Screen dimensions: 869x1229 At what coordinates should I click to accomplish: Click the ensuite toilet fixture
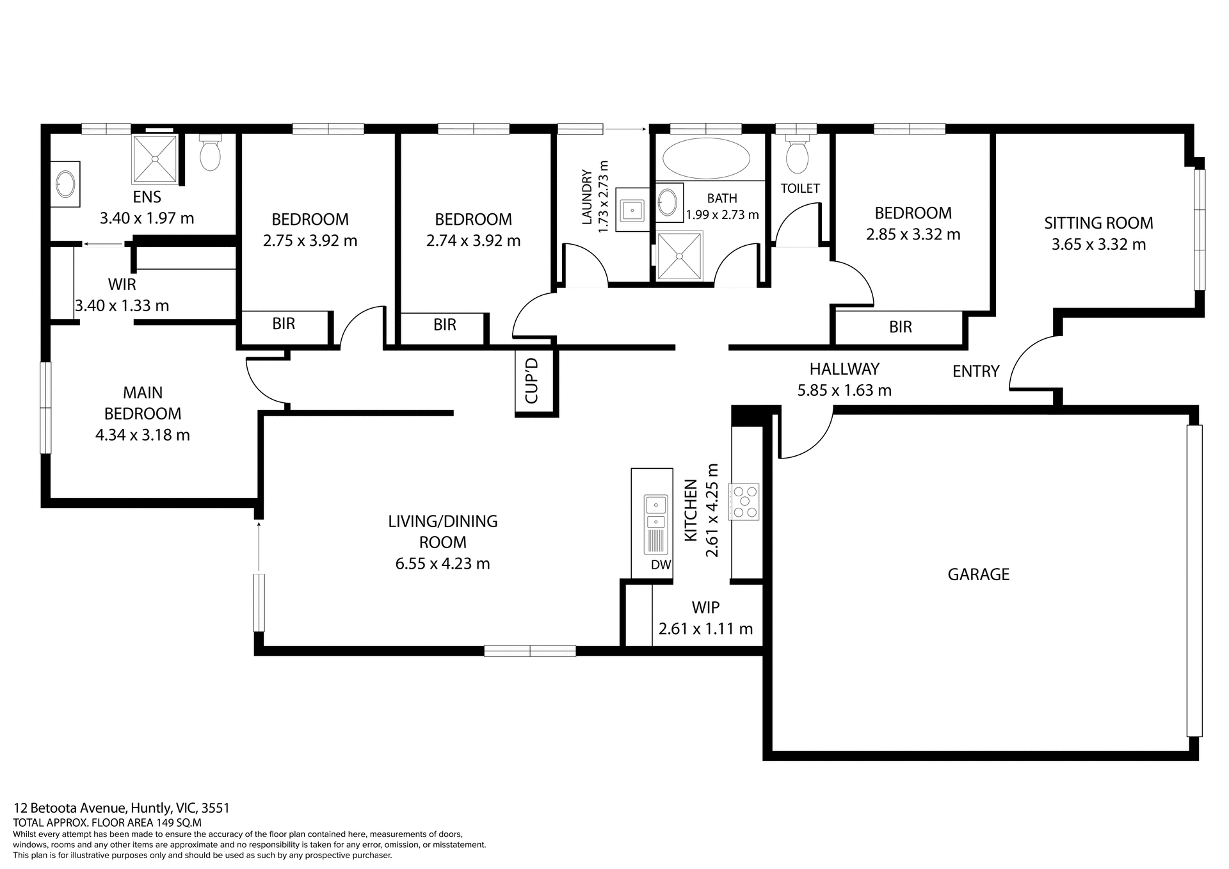pyautogui.click(x=210, y=154)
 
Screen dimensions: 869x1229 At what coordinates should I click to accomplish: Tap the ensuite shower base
pyautogui.click(x=154, y=158)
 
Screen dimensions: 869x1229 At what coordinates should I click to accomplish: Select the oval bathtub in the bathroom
pyautogui.click(x=706, y=159)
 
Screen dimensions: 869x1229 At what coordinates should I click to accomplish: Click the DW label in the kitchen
pyautogui.click(x=661, y=565)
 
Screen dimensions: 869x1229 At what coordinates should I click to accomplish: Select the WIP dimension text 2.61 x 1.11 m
pyautogui.click(x=705, y=629)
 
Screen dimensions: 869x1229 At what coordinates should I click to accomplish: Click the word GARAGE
pyautogui.click(x=978, y=574)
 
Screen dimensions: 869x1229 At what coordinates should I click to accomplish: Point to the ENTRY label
pyautogui.click(x=976, y=371)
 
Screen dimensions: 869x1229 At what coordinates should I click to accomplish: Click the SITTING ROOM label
pyautogui.click(x=1098, y=223)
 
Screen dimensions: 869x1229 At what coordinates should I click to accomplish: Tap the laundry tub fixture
pyautogui.click(x=632, y=209)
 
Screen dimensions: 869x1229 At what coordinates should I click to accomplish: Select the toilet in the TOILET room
pyautogui.click(x=797, y=156)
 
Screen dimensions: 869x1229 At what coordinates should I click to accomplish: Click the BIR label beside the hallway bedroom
pyautogui.click(x=900, y=327)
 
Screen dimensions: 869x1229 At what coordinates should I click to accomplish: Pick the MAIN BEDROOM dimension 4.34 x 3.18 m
pyautogui.click(x=142, y=435)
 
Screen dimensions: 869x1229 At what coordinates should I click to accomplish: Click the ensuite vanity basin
pyautogui.click(x=66, y=184)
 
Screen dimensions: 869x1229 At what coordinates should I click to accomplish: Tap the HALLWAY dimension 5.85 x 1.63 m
pyautogui.click(x=844, y=391)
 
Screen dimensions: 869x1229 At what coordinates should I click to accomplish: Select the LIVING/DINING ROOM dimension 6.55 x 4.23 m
pyautogui.click(x=442, y=564)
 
